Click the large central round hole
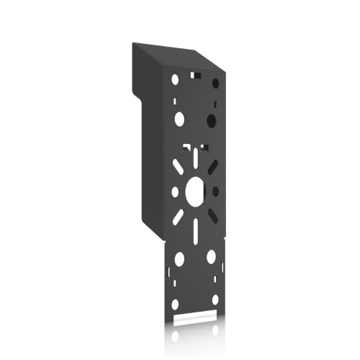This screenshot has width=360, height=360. tap(195, 191)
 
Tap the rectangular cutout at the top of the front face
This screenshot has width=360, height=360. tap(194, 73)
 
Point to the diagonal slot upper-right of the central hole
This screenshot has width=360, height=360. tap(212, 166)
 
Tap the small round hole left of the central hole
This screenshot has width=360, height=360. tap(174, 192)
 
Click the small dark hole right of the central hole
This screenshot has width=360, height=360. tap(215, 191)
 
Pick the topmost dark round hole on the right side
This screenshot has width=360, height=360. tap(215, 83)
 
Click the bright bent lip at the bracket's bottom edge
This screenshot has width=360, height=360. tap(195, 316)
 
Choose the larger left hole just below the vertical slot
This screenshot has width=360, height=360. tap(179, 257)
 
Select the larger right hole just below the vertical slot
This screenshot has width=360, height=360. tap(212, 256)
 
